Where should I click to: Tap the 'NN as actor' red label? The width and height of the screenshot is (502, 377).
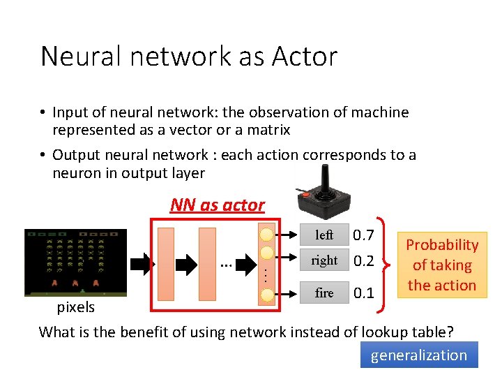click(x=218, y=205)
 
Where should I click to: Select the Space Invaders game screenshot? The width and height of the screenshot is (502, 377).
click(x=75, y=263)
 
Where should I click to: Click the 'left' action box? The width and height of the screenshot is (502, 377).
click(x=324, y=235)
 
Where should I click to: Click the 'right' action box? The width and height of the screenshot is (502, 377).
click(x=324, y=260)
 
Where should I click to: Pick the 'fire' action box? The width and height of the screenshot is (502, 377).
click(x=324, y=293)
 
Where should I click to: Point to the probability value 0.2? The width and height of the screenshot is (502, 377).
click(x=363, y=261)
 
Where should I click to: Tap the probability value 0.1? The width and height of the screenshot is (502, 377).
click(x=363, y=293)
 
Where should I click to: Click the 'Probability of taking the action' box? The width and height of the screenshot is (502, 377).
click(x=442, y=265)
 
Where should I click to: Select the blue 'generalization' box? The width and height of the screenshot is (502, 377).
click(x=419, y=355)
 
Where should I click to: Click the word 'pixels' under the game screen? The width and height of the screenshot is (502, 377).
click(x=75, y=307)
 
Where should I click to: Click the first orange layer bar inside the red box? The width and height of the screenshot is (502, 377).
click(x=167, y=265)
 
